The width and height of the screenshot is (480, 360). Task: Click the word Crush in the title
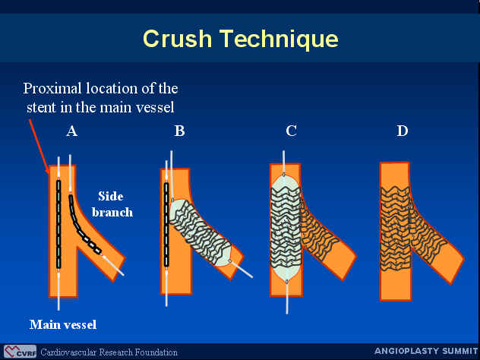(177, 39)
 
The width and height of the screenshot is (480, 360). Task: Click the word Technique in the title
(279, 39)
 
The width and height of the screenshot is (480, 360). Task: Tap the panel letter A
(71, 131)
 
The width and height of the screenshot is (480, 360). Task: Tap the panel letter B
(180, 131)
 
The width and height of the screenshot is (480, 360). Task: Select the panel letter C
(291, 131)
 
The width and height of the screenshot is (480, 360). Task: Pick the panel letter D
(403, 131)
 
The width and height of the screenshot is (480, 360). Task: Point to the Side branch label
(112, 204)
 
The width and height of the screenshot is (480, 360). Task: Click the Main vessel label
(63, 324)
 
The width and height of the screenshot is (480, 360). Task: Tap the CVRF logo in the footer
(21, 352)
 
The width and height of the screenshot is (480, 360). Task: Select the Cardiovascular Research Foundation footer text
(109, 352)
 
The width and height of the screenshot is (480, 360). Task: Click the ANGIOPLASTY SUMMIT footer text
(426, 351)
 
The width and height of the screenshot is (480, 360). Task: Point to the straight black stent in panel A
(58, 224)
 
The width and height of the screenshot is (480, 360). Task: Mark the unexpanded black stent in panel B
(166, 224)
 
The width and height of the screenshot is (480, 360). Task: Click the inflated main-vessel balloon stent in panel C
(286, 228)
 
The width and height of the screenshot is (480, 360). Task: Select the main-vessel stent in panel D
(395, 229)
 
